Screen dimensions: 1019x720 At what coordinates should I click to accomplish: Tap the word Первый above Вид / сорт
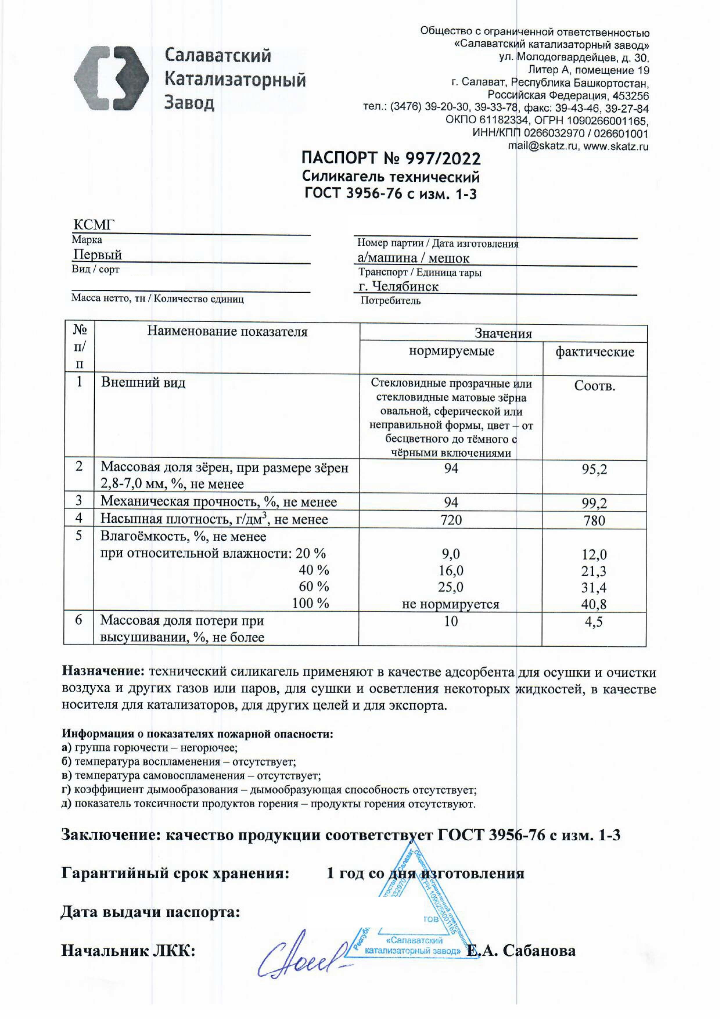(x=98, y=254)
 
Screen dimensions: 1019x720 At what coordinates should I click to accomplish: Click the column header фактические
(x=595, y=352)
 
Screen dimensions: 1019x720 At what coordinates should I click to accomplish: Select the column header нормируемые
(x=451, y=351)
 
